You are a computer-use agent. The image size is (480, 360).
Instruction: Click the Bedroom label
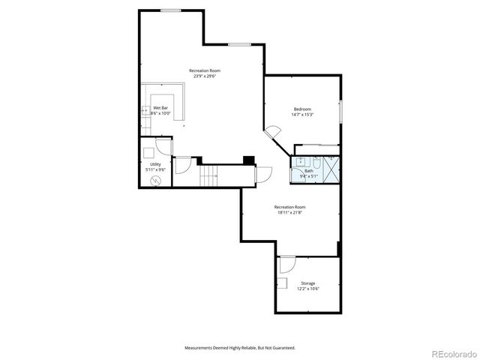[x=302, y=109]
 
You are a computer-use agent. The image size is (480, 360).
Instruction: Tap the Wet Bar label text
[x=160, y=108]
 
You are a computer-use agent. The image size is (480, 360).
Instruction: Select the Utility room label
[x=155, y=163]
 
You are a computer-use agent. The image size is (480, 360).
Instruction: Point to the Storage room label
[x=307, y=283]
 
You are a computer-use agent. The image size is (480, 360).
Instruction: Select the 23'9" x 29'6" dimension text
[x=205, y=76]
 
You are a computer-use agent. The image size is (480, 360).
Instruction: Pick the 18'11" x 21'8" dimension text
[x=289, y=212]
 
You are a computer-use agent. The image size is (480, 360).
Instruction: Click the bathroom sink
[x=301, y=160]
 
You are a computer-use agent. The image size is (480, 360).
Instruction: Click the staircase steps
[x=208, y=176]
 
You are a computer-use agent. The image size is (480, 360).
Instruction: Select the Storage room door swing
[x=286, y=265]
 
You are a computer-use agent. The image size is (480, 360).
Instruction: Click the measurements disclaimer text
[x=240, y=348]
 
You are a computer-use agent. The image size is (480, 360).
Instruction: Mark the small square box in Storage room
[x=282, y=283]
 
